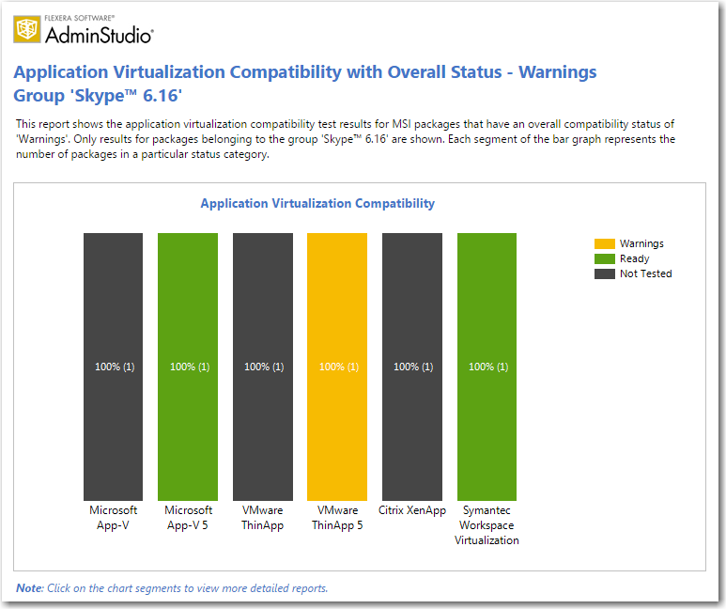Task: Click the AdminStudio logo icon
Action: [27, 29]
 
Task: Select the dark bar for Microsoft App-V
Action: [113, 367]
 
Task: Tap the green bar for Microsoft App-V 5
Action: [188, 367]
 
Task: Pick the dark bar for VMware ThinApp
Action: [263, 367]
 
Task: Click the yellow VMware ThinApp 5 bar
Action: [337, 367]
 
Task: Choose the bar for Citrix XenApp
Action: [412, 367]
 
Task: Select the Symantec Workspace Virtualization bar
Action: [487, 367]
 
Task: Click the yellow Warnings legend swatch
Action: [605, 243]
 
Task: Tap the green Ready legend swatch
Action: [605, 258]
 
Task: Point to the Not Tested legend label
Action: [646, 273]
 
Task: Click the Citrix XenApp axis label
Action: [412, 510]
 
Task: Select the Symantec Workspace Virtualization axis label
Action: [487, 525]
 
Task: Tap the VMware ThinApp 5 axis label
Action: [337, 518]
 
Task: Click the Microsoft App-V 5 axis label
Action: [188, 518]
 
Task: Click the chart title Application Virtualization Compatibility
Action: [317, 203]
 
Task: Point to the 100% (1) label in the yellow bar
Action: [339, 367]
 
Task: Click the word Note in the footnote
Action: [29, 588]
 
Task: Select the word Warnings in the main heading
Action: [558, 72]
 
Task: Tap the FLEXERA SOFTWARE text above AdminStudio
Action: [79, 18]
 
